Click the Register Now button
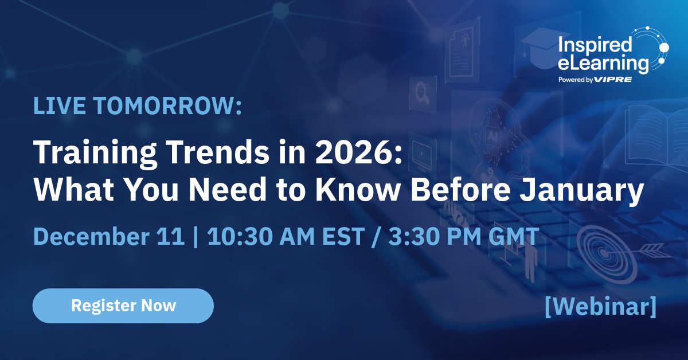[x=123, y=306]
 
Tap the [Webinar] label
[x=600, y=306]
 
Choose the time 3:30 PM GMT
[x=463, y=237]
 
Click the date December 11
[x=109, y=237]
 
